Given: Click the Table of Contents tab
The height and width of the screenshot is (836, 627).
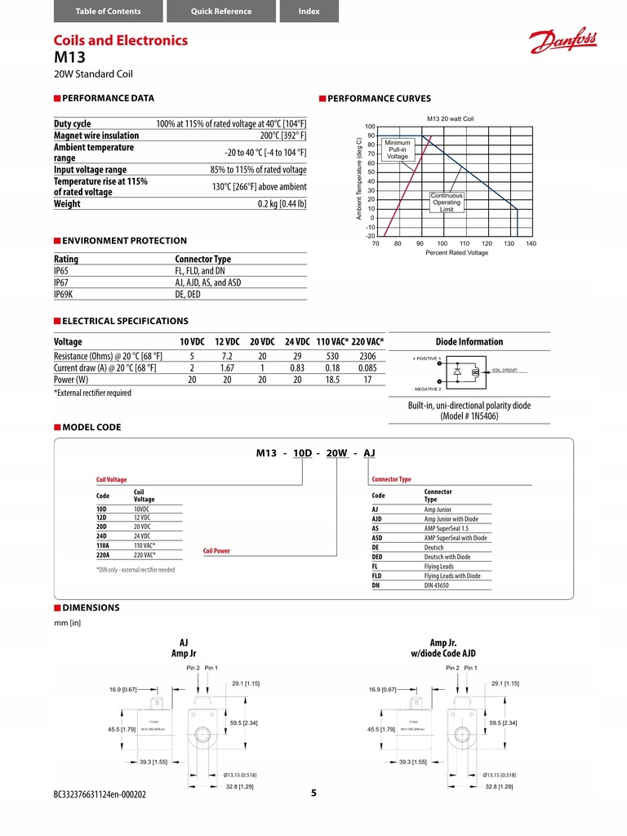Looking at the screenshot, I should click(x=108, y=11).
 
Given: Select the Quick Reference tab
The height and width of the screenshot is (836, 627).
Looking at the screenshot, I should click(x=221, y=11).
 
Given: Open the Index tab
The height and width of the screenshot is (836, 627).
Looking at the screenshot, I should click(x=309, y=11).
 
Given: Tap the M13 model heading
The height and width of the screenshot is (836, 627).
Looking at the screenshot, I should click(x=69, y=58).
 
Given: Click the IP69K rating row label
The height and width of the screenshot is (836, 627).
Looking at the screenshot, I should click(x=64, y=295).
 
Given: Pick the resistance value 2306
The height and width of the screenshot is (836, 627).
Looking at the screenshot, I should click(x=367, y=357).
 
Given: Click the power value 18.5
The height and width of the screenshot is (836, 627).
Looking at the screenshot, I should click(x=331, y=380).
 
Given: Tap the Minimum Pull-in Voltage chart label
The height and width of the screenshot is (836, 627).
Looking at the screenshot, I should click(x=398, y=149).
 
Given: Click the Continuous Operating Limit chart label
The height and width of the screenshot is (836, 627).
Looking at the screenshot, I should click(x=447, y=202).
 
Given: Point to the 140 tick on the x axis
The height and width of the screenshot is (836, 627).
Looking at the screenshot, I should click(x=531, y=243).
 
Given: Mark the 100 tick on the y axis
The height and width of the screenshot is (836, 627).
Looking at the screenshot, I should click(x=369, y=127).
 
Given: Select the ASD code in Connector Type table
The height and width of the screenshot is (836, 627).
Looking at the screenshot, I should click(x=377, y=538).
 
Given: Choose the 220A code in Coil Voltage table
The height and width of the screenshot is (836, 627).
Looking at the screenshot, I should click(x=104, y=554).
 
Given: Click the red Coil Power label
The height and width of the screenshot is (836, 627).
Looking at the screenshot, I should click(x=216, y=551).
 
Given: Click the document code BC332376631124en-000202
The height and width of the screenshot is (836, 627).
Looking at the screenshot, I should click(x=100, y=794).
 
